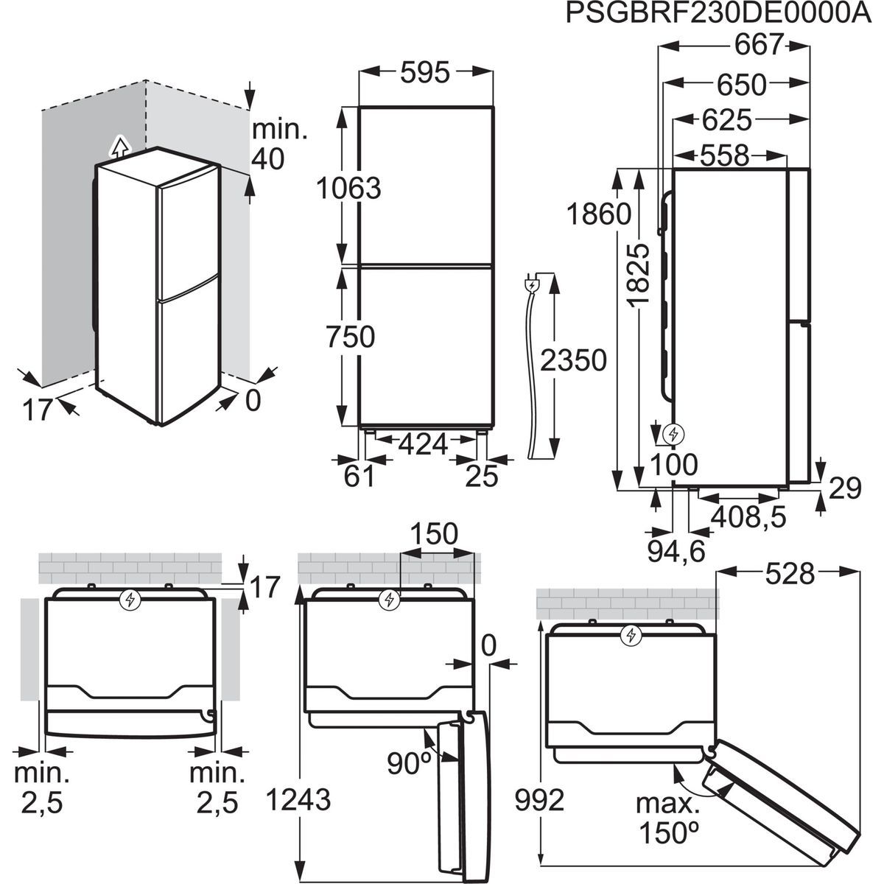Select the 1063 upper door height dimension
(348, 188)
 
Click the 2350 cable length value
(573, 360)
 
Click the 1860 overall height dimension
(599, 214)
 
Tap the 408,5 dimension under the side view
(748, 517)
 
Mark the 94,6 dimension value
(676, 552)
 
